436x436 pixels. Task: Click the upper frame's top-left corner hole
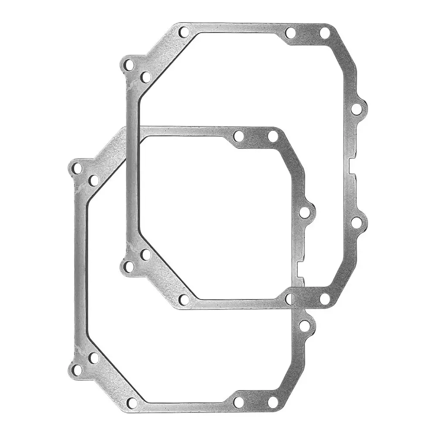(x=184, y=32)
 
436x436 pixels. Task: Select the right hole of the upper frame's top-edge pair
(x=325, y=33)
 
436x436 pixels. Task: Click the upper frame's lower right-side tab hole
(x=356, y=222)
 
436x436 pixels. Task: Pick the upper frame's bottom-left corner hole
(x=184, y=300)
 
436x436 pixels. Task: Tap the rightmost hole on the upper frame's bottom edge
(x=325, y=299)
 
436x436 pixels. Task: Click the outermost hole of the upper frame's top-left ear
(x=129, y=65)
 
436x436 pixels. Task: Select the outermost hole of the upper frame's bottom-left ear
(x=129, y=266)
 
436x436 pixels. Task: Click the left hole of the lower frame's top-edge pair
(x=238, y=136)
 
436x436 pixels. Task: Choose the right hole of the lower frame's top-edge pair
(x=273, y=136)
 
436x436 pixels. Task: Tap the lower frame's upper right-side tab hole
(x=305, y=212)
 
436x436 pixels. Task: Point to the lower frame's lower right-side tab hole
(x=305, y=326)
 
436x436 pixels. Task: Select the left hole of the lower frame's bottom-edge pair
(x=238, y=402)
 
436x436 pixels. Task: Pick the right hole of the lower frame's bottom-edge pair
(x=273, y=402)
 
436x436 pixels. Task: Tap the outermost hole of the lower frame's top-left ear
(x=77, y=168)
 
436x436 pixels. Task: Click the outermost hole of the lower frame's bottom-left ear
(x=77, y=370)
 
